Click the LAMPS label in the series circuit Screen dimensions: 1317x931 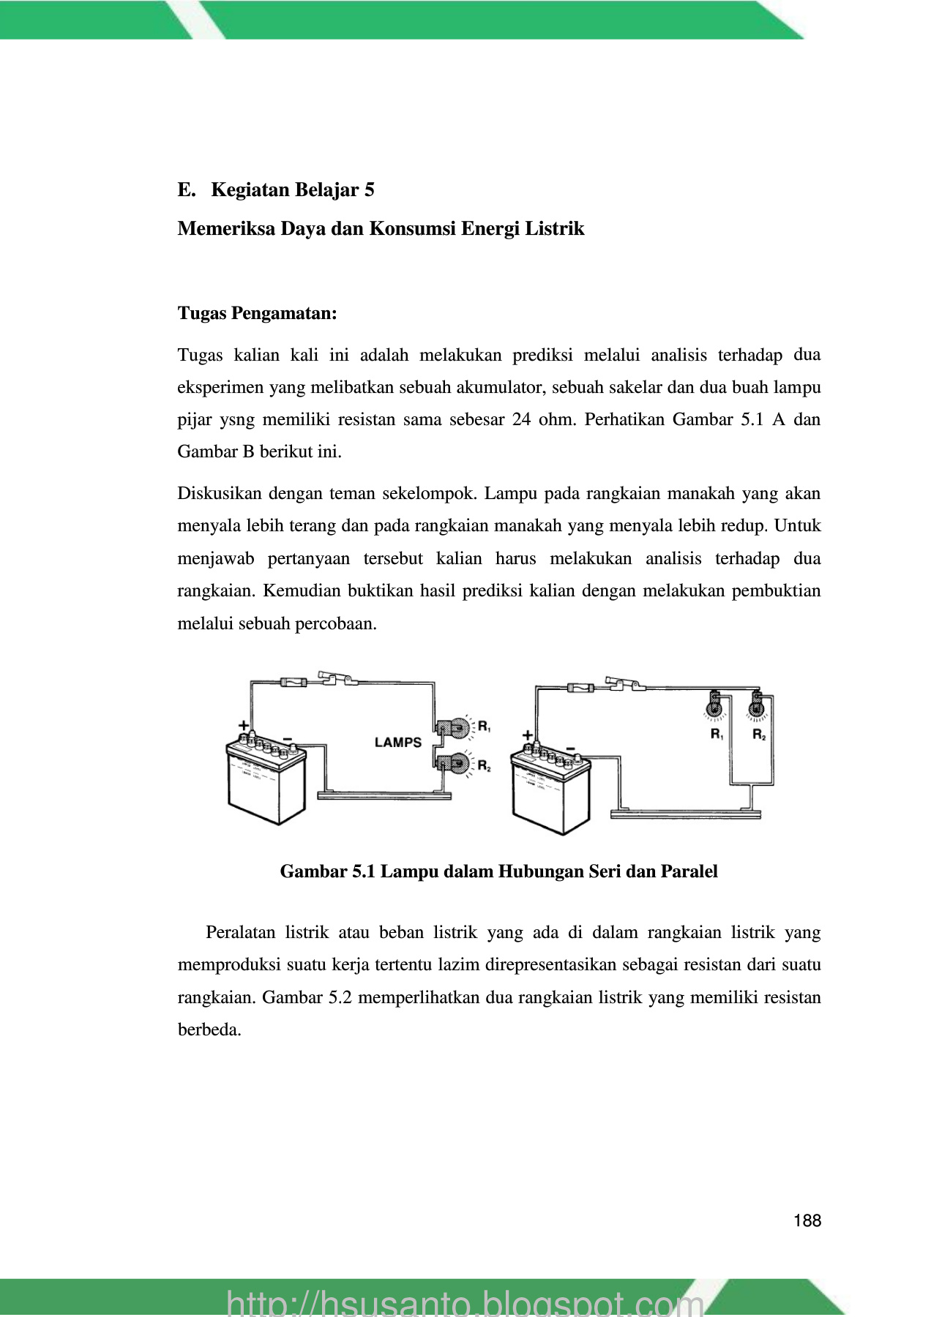[x=398, y=742]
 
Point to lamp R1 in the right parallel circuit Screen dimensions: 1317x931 [x=715, y=708]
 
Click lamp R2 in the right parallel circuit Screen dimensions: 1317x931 [x=758, y=708]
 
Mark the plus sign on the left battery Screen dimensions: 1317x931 [x=244, y=725]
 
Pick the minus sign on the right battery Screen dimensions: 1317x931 [x=570, y=747]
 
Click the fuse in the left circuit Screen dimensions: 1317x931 [x=293, y=683]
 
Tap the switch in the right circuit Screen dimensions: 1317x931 [x=624, y=683]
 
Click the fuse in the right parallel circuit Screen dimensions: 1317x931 [x=580, y=687]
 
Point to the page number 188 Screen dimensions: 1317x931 [x=807, y=1220]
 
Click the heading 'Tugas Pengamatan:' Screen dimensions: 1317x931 [x=257, y=314]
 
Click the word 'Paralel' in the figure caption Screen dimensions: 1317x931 [x=689, y=871]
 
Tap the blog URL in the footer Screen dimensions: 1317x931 [x=465, y=1304]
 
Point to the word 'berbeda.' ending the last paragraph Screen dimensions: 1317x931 [x=209, y=1030]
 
